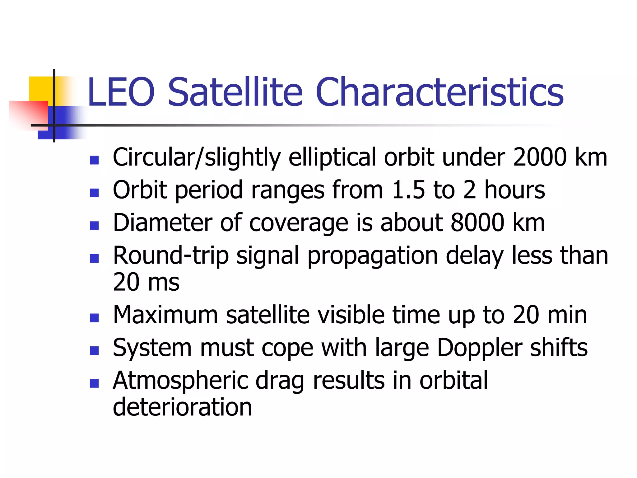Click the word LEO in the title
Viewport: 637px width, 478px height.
121,92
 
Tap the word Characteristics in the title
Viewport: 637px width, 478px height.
439,92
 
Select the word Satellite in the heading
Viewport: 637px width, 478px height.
235,92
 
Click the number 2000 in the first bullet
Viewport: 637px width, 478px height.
540,157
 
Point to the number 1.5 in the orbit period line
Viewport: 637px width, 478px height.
408,190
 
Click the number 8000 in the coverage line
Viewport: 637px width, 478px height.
477,223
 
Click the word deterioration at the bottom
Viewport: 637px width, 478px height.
182,407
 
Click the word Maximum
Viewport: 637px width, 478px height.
165,315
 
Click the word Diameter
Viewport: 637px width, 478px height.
162,223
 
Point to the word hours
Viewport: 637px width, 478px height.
514,190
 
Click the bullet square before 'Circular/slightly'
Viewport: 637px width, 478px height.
94,160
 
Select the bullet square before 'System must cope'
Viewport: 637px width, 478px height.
94,350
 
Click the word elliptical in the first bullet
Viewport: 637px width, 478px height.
332,157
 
